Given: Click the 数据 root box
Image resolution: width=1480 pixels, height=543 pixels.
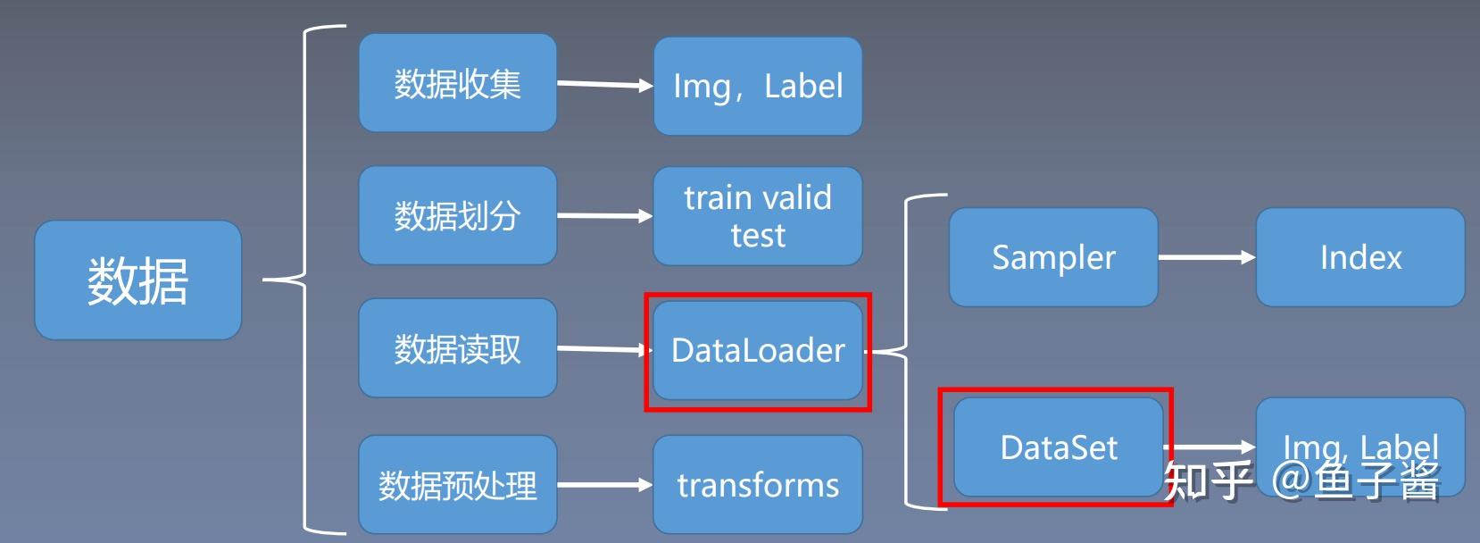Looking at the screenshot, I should (137, 280).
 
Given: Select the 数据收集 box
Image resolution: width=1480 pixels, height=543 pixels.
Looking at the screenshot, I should (457, 84).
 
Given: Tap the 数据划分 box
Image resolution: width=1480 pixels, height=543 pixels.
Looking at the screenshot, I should (457, 215).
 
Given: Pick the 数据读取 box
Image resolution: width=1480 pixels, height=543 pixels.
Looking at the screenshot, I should (457, 348).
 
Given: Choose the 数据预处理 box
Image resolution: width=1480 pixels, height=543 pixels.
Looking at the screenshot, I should (457, 485).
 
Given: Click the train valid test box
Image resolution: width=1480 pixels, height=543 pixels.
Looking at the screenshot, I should (757, 215).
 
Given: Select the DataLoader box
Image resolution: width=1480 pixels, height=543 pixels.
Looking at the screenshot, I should (757, 350).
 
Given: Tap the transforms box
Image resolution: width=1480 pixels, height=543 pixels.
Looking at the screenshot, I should (757, 485).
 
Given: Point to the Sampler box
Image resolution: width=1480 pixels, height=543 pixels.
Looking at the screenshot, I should (1053, 257).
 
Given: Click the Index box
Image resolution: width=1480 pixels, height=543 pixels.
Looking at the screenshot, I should (1359, 257).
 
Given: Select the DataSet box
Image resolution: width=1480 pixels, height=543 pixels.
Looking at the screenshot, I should (1059, 447).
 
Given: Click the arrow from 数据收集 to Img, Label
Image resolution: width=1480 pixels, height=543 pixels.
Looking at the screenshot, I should (604, 85).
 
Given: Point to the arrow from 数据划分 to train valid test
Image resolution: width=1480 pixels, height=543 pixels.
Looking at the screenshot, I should (604, 215).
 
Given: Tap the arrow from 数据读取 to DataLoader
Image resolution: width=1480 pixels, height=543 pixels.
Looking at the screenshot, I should (603, 349).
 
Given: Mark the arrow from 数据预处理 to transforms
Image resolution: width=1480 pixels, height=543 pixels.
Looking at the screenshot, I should (604, 485).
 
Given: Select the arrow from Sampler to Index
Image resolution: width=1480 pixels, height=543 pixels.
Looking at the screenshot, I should (1206, 257).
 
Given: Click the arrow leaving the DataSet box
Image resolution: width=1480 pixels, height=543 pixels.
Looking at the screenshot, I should (1210, 447).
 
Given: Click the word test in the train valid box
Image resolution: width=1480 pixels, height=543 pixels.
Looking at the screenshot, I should (758, 236).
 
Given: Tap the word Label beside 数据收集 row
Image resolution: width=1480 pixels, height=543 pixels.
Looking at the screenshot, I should (803, 86).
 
